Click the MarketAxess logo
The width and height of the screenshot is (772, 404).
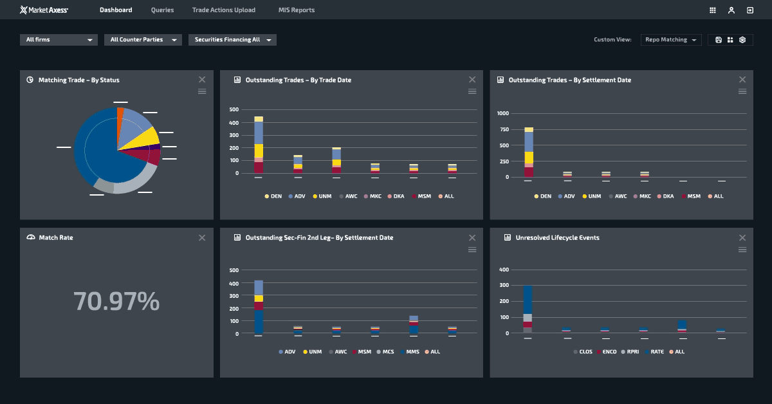pos(44,10)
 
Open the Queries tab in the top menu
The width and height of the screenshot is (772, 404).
pos(162,10)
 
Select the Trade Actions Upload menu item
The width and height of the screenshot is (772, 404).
pos(223,10)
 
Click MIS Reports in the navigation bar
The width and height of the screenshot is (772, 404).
pos(297,10)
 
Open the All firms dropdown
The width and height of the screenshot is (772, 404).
pos(59,40)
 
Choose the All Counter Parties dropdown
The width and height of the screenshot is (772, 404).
pos(143,40)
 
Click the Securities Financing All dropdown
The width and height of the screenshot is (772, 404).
pos(232,40)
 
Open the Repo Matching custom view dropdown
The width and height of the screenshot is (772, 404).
pos(671,40)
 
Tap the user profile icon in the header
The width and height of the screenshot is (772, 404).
pos(731,10)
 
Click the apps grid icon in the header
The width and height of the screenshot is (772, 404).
pos(713,10)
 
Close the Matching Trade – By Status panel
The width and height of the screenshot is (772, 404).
pos(202,79)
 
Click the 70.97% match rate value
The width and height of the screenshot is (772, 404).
pos(116,301)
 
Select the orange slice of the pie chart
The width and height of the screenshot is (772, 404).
pos(120,113)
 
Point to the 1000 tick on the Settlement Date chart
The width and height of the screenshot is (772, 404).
pos(502,113)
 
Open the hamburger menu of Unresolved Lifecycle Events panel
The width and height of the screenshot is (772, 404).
pos(742,250)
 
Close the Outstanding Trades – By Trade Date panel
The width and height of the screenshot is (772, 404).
pos(472,79)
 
